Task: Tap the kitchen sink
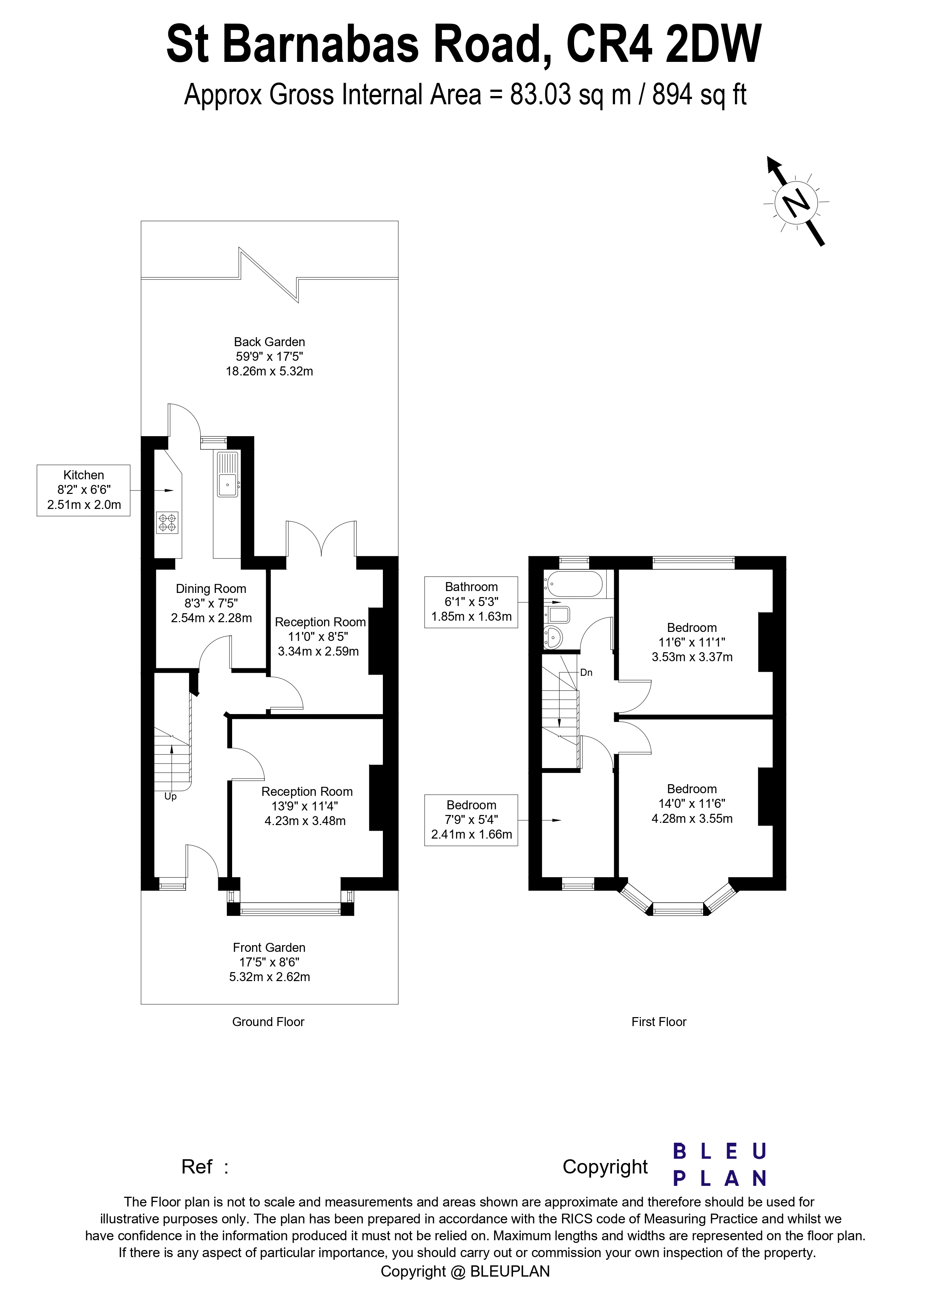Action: [228, 474]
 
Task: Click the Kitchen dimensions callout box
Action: [84, 490]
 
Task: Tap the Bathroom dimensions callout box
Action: [471, 602]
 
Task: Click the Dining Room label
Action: [211, 589]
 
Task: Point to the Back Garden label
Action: [269, 342]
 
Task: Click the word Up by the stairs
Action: [170, 797]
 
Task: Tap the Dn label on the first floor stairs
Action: [586, 672]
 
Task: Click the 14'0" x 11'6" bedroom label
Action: [692, 804]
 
